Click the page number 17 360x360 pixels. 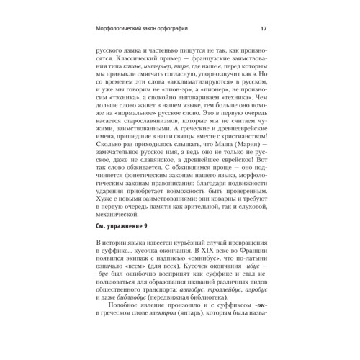[x=263, y=29]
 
